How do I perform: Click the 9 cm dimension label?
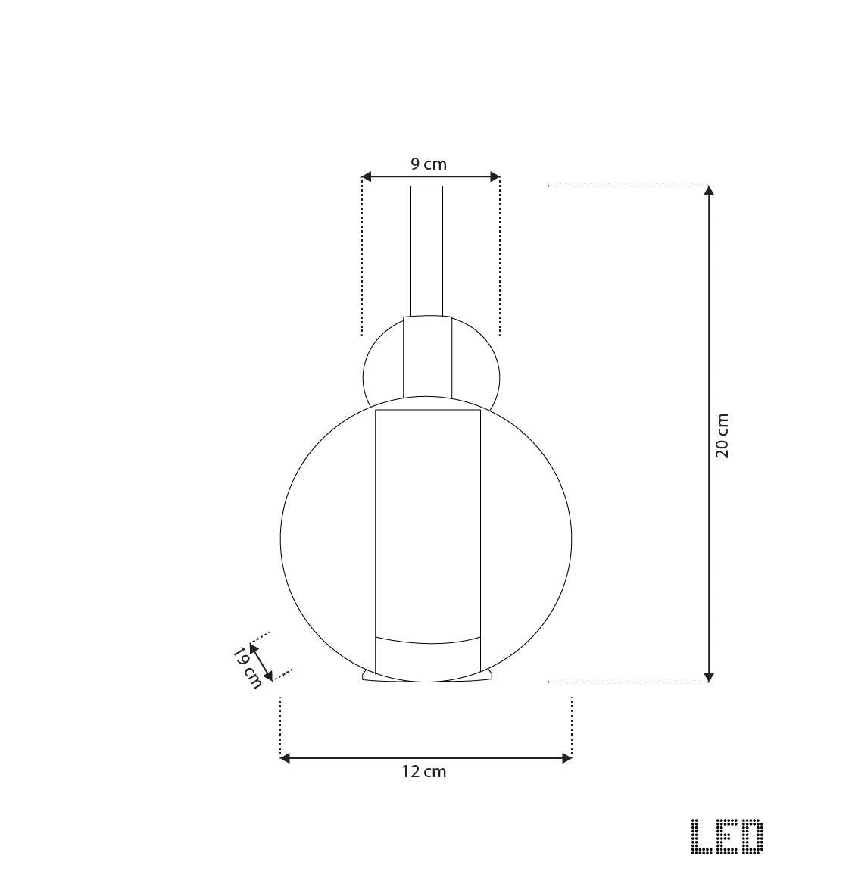(429, 164)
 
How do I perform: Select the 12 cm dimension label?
(424, 772)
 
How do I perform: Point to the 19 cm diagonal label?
(247, 667)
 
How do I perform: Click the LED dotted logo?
(727, 837)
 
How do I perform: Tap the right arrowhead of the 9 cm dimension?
(495, 177)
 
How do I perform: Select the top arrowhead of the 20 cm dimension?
(709, 191)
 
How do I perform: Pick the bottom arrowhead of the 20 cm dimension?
(709, 676)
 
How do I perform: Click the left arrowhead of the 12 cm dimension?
(286, 758)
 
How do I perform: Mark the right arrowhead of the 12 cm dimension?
(566, 758)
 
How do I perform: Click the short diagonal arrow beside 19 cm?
(261, 661)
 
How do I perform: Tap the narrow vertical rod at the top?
(426, 250)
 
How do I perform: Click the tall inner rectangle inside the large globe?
(428, 523)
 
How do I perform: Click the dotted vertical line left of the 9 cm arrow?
(362, 258)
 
